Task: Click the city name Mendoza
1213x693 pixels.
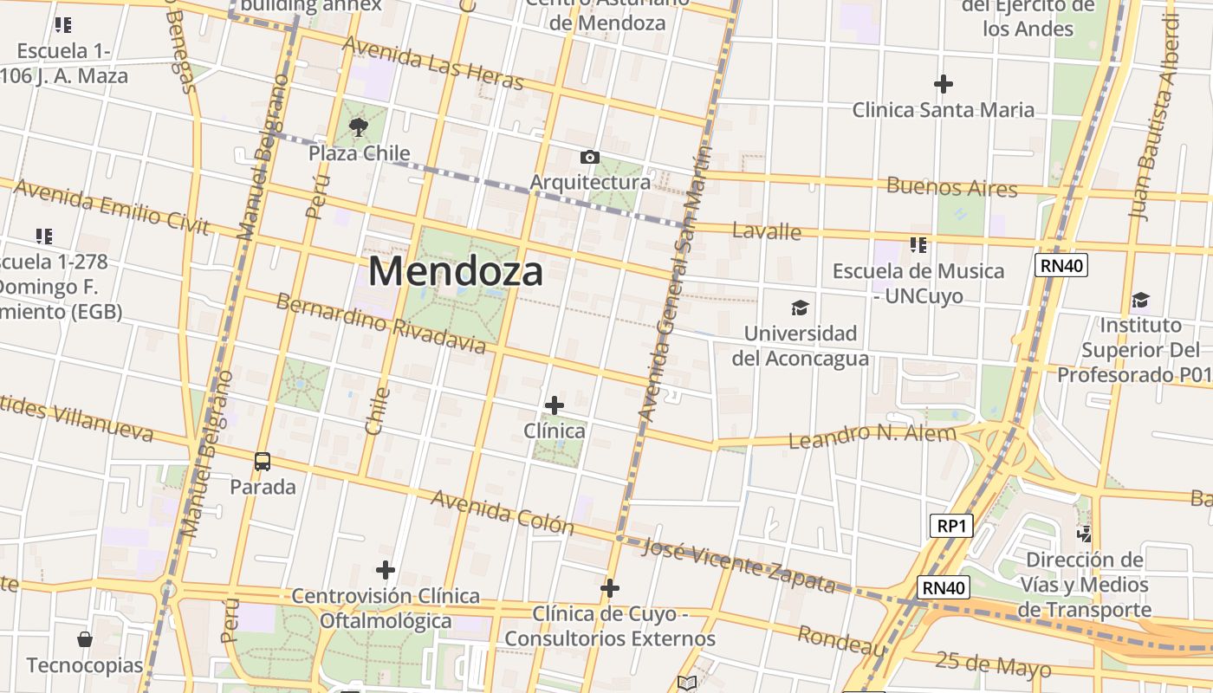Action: [456, 271]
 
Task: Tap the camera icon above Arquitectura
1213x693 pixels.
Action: [590, 157]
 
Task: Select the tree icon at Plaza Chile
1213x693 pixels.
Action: [359, 128]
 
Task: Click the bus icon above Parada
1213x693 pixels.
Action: [263, 461]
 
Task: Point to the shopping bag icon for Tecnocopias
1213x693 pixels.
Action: [85, 639]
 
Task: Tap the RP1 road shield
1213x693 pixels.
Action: [950, 525]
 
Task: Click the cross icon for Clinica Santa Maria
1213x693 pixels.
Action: [944, 84]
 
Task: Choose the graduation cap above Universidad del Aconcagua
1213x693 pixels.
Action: [800, 308]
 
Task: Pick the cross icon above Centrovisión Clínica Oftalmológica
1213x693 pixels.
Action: [386, 570]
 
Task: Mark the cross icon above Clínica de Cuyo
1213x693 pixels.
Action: [610, 589]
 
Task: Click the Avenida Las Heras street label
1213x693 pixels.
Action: [433, 62]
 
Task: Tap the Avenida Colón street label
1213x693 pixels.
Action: [503, 512]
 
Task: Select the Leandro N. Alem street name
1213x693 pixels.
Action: [872, 436]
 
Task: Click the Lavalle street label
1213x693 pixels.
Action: [767, 231]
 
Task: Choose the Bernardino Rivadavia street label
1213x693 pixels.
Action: [381, 325]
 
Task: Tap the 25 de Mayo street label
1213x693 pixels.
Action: [993, 664]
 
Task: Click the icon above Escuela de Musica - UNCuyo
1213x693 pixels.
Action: [918, 245]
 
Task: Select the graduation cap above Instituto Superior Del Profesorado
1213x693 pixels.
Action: [1140, 301]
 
